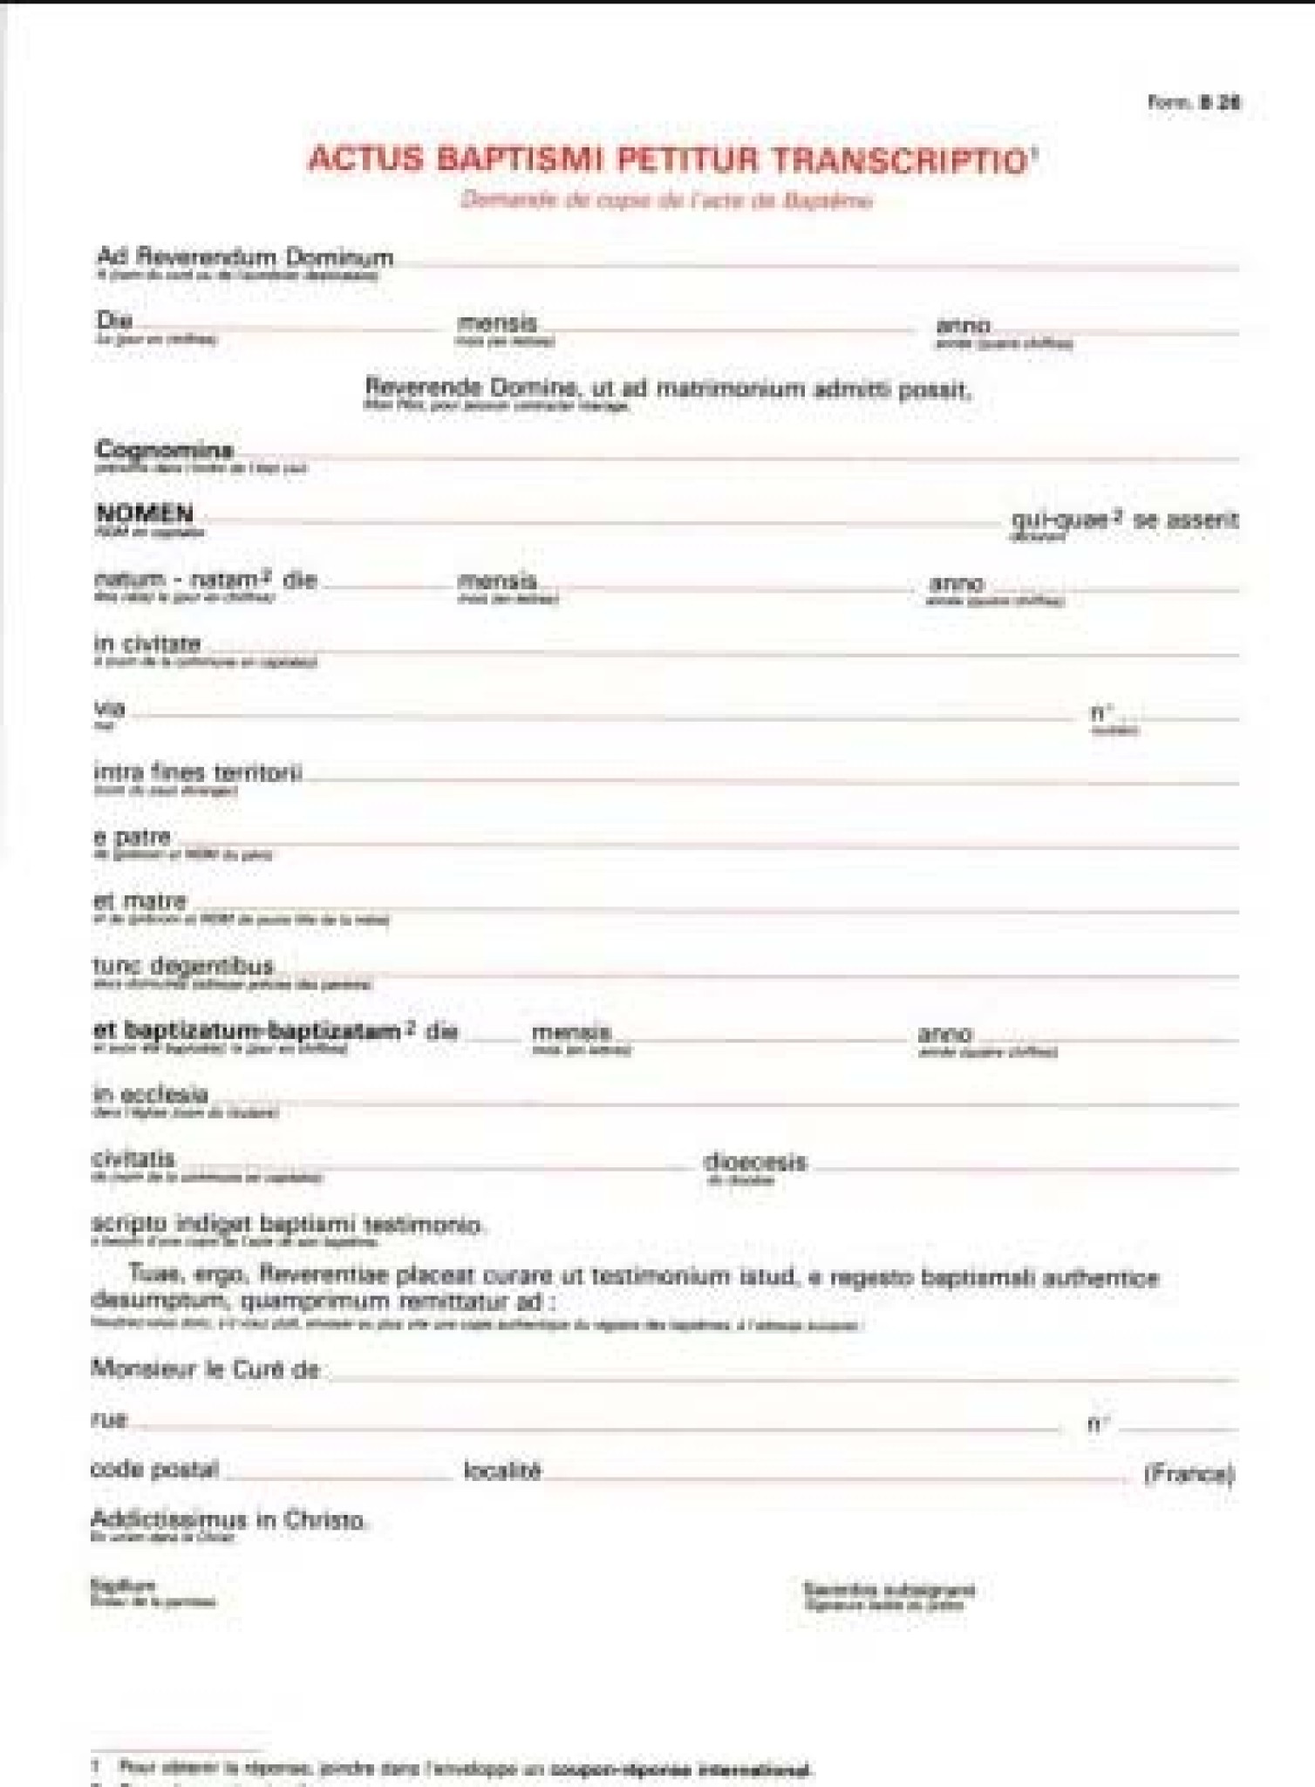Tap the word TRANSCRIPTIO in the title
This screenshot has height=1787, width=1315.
pos(902,160)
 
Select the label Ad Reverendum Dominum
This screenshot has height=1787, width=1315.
pos(245,257)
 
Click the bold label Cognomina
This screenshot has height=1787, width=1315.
pos(164,450)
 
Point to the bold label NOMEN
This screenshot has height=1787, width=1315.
pos(144,513)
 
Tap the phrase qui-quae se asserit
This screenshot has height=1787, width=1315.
pos(1124,520)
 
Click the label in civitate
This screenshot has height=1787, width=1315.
pos(147,644)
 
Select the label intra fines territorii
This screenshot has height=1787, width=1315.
pos(198,772)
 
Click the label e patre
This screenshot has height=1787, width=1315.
pos(132,837)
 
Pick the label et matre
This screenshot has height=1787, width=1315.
pos(140,900)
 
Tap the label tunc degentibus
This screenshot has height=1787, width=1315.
pos(183,966)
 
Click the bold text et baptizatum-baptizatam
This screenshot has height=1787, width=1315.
pos(247,1030)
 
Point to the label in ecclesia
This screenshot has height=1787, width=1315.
pos(151,1095)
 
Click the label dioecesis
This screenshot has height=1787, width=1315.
pos(755,1162)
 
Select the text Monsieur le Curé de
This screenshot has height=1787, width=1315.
pos(206,1369)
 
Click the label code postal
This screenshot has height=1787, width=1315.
pos(154,1470)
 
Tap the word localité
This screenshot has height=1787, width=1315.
pos(503,1471)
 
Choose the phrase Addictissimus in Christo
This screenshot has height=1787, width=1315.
pos(228,1521)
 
